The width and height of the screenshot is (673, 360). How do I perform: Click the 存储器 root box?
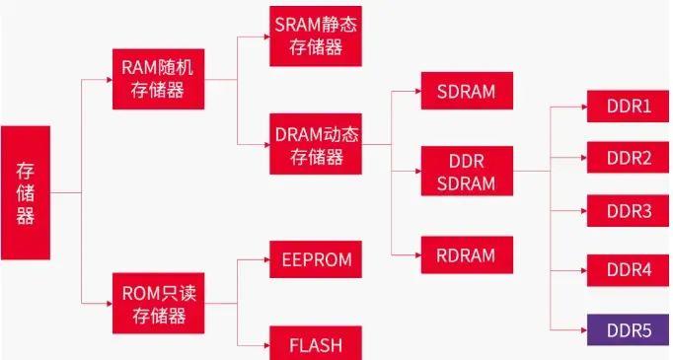(25, 192)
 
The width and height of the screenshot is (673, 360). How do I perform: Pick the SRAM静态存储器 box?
(315, 36)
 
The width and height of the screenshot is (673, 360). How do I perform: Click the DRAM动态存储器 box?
(315, 144)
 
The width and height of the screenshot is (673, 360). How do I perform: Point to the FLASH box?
(315, 343)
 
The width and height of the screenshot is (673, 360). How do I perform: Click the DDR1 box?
(629, 105)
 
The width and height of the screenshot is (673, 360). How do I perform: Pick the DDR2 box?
(629, 157)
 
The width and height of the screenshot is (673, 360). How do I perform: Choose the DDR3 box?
(629, 211)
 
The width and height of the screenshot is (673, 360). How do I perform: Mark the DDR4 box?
(629, 269)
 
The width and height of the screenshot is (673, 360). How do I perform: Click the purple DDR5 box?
(629, 328)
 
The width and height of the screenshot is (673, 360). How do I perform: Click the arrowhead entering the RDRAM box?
(416, 254)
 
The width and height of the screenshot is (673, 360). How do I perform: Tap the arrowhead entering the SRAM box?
(265, 36)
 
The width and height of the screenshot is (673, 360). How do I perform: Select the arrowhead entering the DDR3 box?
(583, 211)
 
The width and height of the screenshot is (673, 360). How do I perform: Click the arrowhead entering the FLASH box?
(265, 344)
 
